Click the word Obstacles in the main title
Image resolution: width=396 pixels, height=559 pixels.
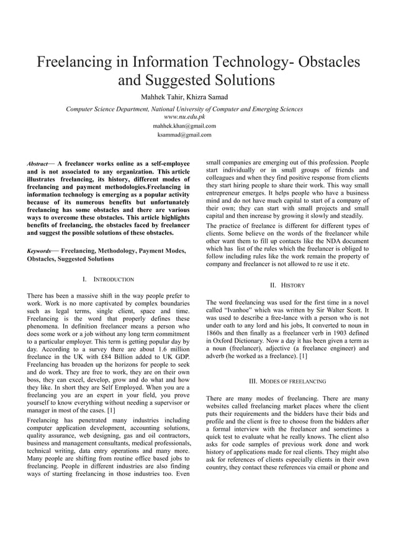coord(326,63)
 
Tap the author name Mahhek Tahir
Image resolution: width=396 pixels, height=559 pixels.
coord(163,97)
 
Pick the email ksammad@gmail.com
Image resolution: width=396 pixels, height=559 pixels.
coord(184,134)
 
